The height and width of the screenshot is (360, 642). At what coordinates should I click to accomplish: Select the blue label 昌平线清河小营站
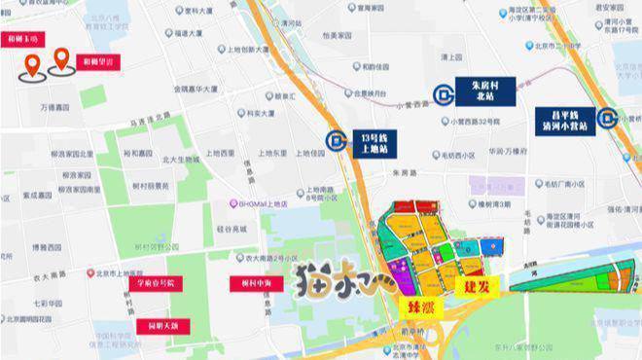pyautogui.click(x=563, y=119)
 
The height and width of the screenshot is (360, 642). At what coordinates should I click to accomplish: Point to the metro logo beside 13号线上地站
pyautogui.click(x=337, y=143)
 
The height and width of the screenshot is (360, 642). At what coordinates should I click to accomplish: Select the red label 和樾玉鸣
pyautogui.click(x=22, y=40)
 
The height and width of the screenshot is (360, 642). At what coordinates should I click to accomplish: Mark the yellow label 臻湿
pyautogui.click(x=412, y=305)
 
